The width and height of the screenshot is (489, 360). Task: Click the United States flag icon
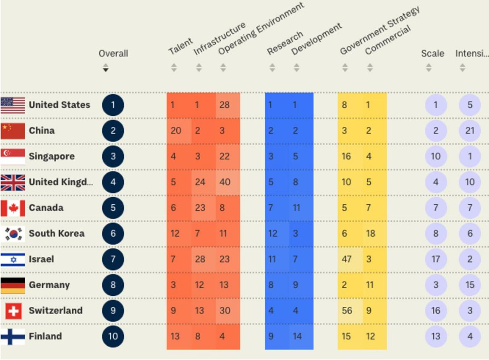click(13, 105)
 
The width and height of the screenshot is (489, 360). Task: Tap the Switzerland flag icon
click(13, 311)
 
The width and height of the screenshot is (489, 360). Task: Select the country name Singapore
click(52, 157)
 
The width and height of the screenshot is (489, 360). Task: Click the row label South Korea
click(57, 234)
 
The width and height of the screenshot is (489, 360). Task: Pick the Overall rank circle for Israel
click(113, 259)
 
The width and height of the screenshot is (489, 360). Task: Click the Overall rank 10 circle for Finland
click(113, 337)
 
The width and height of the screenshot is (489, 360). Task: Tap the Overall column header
click(113, 54)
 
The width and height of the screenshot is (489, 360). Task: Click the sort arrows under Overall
click(106, 68)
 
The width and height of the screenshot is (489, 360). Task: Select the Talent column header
click(180, 46)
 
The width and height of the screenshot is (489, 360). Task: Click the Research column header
click(285, 43)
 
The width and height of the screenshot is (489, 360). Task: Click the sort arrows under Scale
click(429, 68)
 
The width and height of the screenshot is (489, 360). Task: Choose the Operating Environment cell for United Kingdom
click(225, 182)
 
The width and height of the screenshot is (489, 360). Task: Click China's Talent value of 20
click(176, 130)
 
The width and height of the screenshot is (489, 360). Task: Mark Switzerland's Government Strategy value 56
click(346, 311)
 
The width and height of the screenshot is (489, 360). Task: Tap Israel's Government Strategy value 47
click(346, 259)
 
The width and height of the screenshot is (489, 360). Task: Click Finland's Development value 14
click(297, 337)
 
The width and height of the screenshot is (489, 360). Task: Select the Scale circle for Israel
click(436, 259)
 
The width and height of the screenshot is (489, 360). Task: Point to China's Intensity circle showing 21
click(470, 130)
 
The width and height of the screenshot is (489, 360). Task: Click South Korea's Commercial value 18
click(370, 234)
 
